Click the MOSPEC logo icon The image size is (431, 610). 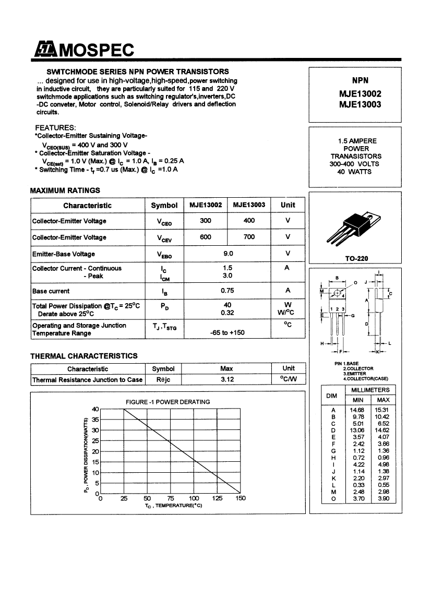click(x=45, y=50)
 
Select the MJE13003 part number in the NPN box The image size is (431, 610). click(x=360, y=104)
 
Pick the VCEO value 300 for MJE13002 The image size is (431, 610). click(x=206, y=221)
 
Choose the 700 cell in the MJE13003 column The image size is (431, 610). click(x=249, y=237)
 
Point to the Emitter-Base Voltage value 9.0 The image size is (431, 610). click(x=228, y=254)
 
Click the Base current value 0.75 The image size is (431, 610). click(x=227, y=291)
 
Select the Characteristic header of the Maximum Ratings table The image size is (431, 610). click(x=87, y=205)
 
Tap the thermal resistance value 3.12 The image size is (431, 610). click(x=227, y=379)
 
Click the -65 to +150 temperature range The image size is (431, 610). click(x=227, y=332)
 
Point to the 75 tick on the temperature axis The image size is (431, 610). click(x=171, y=498)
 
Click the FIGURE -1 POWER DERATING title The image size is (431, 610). click(x=168, y=402)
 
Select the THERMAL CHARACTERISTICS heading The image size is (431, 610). click(x=84, y=356)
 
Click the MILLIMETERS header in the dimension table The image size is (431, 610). click(x=370, y=390)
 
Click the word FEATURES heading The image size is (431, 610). click(x=55, y=128)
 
